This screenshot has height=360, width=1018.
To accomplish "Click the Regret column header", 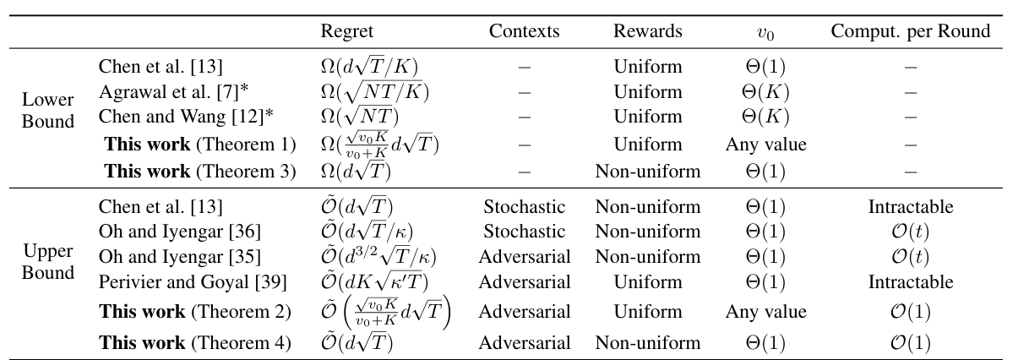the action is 346,31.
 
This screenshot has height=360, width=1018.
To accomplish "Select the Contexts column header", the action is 524,31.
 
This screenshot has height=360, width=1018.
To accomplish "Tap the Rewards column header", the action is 647,31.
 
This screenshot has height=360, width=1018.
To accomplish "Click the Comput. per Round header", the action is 910,31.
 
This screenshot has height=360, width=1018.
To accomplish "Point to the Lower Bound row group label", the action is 48,111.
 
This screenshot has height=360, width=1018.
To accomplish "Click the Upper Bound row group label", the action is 48,263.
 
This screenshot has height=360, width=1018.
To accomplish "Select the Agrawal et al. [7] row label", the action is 166,91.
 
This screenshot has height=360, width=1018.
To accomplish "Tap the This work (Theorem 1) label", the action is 199,144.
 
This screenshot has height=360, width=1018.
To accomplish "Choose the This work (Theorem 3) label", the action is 199,171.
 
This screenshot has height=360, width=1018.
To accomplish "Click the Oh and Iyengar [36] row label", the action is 179,232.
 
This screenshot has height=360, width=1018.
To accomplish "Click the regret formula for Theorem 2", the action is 385,311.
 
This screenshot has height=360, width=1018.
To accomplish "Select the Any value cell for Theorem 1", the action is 765,144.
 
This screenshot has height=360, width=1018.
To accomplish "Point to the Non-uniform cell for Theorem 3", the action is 647,171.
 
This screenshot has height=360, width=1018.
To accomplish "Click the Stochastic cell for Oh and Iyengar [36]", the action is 524,232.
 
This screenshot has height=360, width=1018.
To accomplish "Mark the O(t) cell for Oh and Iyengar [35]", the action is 910,256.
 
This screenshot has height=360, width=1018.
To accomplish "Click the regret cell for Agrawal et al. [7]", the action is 365,91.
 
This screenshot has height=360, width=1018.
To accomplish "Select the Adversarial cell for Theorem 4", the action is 524,342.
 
